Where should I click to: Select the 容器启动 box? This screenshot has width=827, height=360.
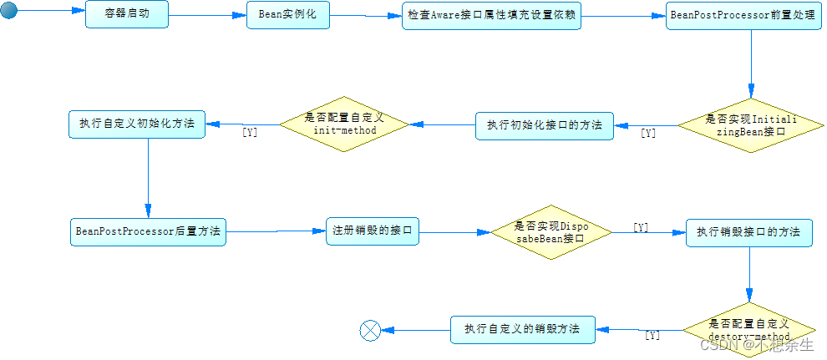coord(126,14)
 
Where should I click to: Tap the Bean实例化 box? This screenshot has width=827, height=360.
coord(287,14)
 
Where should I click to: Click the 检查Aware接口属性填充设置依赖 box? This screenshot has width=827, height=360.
coord(491,15)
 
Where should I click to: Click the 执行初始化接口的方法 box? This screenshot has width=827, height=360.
coord(545,125)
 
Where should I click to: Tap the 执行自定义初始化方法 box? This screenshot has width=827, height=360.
coord(136,124)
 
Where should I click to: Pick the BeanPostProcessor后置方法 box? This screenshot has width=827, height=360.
coord(148,231)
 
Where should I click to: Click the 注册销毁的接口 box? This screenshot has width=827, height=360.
coord(372,231)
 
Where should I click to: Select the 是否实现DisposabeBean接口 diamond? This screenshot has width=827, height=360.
coord(550,231)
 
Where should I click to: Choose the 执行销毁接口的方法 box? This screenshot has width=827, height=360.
coord(748,231)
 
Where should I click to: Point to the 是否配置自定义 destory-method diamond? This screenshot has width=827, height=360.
coord(748,330)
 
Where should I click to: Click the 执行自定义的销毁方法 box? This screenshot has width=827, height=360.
coord(523,329)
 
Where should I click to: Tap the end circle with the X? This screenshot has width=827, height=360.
coord(370,331)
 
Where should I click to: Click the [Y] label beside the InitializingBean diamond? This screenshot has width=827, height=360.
coord(648,133)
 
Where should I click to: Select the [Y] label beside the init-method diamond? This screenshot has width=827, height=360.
coord(250,132)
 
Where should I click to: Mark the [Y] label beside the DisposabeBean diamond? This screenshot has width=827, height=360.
coord(641,227)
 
